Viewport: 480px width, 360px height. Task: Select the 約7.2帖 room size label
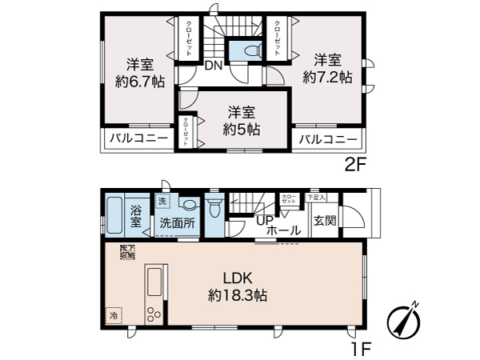(x=327, y=78)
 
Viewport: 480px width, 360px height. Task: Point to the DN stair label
(x=214, y=66)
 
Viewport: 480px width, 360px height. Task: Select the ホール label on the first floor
(x=283, y=230)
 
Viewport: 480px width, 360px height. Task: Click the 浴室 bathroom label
(x=137, y=216)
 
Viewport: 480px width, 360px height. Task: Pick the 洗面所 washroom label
(x=178, y=223)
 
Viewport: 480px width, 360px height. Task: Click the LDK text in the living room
(x=238, y=278)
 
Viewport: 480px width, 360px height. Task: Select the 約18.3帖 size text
(x=238, y=295)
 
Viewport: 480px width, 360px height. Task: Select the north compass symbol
(x=404, y=322)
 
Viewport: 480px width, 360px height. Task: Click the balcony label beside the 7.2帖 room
(x=328, y=139)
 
